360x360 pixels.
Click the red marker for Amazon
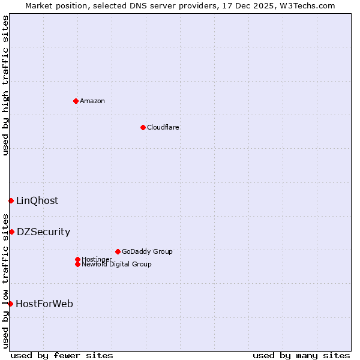tap(76, 101)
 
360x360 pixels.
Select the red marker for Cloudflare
tap(143, 127)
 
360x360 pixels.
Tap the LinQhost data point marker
tap(11, 200)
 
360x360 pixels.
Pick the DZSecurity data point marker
tap(11, 232)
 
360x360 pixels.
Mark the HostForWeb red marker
tap(10, 304)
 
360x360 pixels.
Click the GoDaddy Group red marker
tap(118, 251)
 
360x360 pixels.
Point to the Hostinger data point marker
tap(77, 259)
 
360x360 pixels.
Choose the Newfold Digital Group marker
tap(77, 264)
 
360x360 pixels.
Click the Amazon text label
tap(92, 101)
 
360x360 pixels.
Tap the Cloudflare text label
tap(163, 127)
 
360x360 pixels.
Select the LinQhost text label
tap(37, 200)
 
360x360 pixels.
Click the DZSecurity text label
tap(43, 232)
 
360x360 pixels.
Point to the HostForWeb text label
tap(44, 304)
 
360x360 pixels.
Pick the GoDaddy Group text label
tap(147, 251)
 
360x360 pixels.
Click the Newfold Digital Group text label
tap(116, 264)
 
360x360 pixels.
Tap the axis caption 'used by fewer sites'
tap(62, 355)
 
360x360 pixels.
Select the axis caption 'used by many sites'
tap(301, 355)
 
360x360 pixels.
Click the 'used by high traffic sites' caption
tap(5, 85)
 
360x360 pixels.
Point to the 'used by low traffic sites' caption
tap(5, 281)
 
